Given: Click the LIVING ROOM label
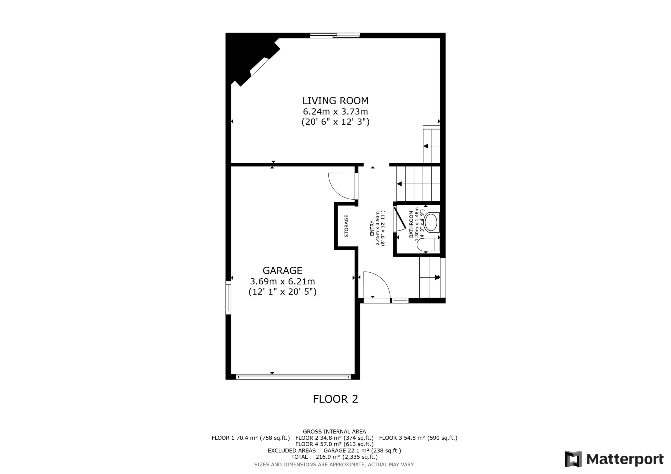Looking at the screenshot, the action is tap(335, 101).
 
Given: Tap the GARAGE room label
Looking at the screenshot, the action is tap(282, 271).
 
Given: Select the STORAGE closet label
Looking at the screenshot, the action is tap(346, 226).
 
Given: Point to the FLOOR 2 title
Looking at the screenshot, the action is tap(335, 399).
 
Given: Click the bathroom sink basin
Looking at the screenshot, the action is tap(431, 222).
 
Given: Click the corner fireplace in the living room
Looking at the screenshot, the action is tap(251, 60).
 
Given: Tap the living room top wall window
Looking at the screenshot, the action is tap(335, 36).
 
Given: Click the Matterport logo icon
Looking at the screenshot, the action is tap(573, 459).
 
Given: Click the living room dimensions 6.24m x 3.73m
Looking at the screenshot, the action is tap(335, 112).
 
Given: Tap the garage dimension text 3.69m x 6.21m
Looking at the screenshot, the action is tap(282, 282).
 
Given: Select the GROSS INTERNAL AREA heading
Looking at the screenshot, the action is tap(334, 431).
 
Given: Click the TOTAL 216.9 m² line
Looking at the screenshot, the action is tap(334, 457).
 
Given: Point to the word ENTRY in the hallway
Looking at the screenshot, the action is tap(372, 228).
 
